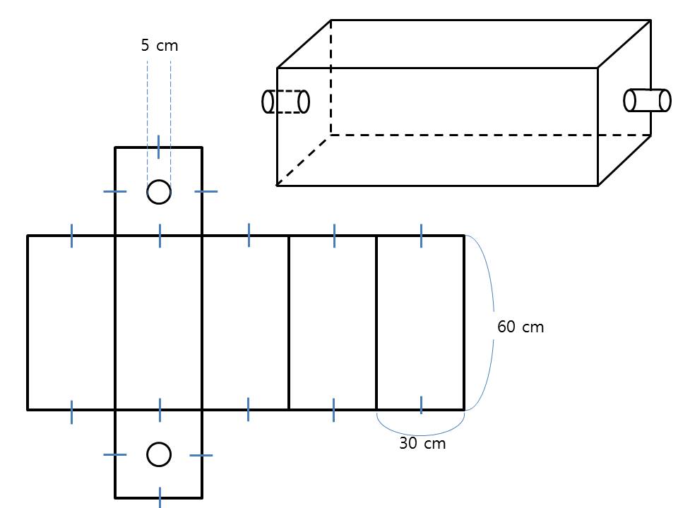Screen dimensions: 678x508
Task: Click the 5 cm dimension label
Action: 159,45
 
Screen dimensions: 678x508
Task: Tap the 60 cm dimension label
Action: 521,327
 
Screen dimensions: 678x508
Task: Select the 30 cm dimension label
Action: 422,443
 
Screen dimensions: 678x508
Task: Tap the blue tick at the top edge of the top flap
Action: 159,147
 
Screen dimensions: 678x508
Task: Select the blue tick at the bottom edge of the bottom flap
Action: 160,497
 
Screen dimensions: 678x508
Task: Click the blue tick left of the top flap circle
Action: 115,191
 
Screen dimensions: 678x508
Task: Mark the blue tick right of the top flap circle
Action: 206,191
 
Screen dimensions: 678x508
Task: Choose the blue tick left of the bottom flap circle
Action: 115,454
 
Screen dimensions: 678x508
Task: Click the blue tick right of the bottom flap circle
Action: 201,455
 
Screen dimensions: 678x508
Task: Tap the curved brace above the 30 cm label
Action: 420,435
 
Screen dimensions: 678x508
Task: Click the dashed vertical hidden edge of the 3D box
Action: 331,78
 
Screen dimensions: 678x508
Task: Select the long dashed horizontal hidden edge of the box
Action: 491,135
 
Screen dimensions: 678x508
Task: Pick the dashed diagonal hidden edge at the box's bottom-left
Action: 304,160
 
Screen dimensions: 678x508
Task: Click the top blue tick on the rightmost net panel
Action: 421,236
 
